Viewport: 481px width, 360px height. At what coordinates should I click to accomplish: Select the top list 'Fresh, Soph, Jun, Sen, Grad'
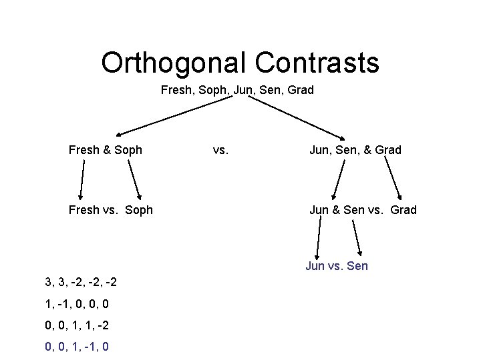point(237,90)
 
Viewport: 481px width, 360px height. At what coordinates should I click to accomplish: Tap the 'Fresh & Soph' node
point(106,150)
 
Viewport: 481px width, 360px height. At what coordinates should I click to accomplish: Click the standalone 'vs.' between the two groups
point(220,150)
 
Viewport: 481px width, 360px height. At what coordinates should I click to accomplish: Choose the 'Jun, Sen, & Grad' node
point(355,150)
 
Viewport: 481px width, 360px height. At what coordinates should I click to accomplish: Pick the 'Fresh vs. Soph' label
point(111,210)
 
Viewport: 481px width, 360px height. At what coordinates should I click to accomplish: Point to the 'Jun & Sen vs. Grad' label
point(363,210)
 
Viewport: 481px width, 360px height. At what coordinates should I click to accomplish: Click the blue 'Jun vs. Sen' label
point(337,266)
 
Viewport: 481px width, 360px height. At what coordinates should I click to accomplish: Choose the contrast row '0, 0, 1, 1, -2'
point(77,325)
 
